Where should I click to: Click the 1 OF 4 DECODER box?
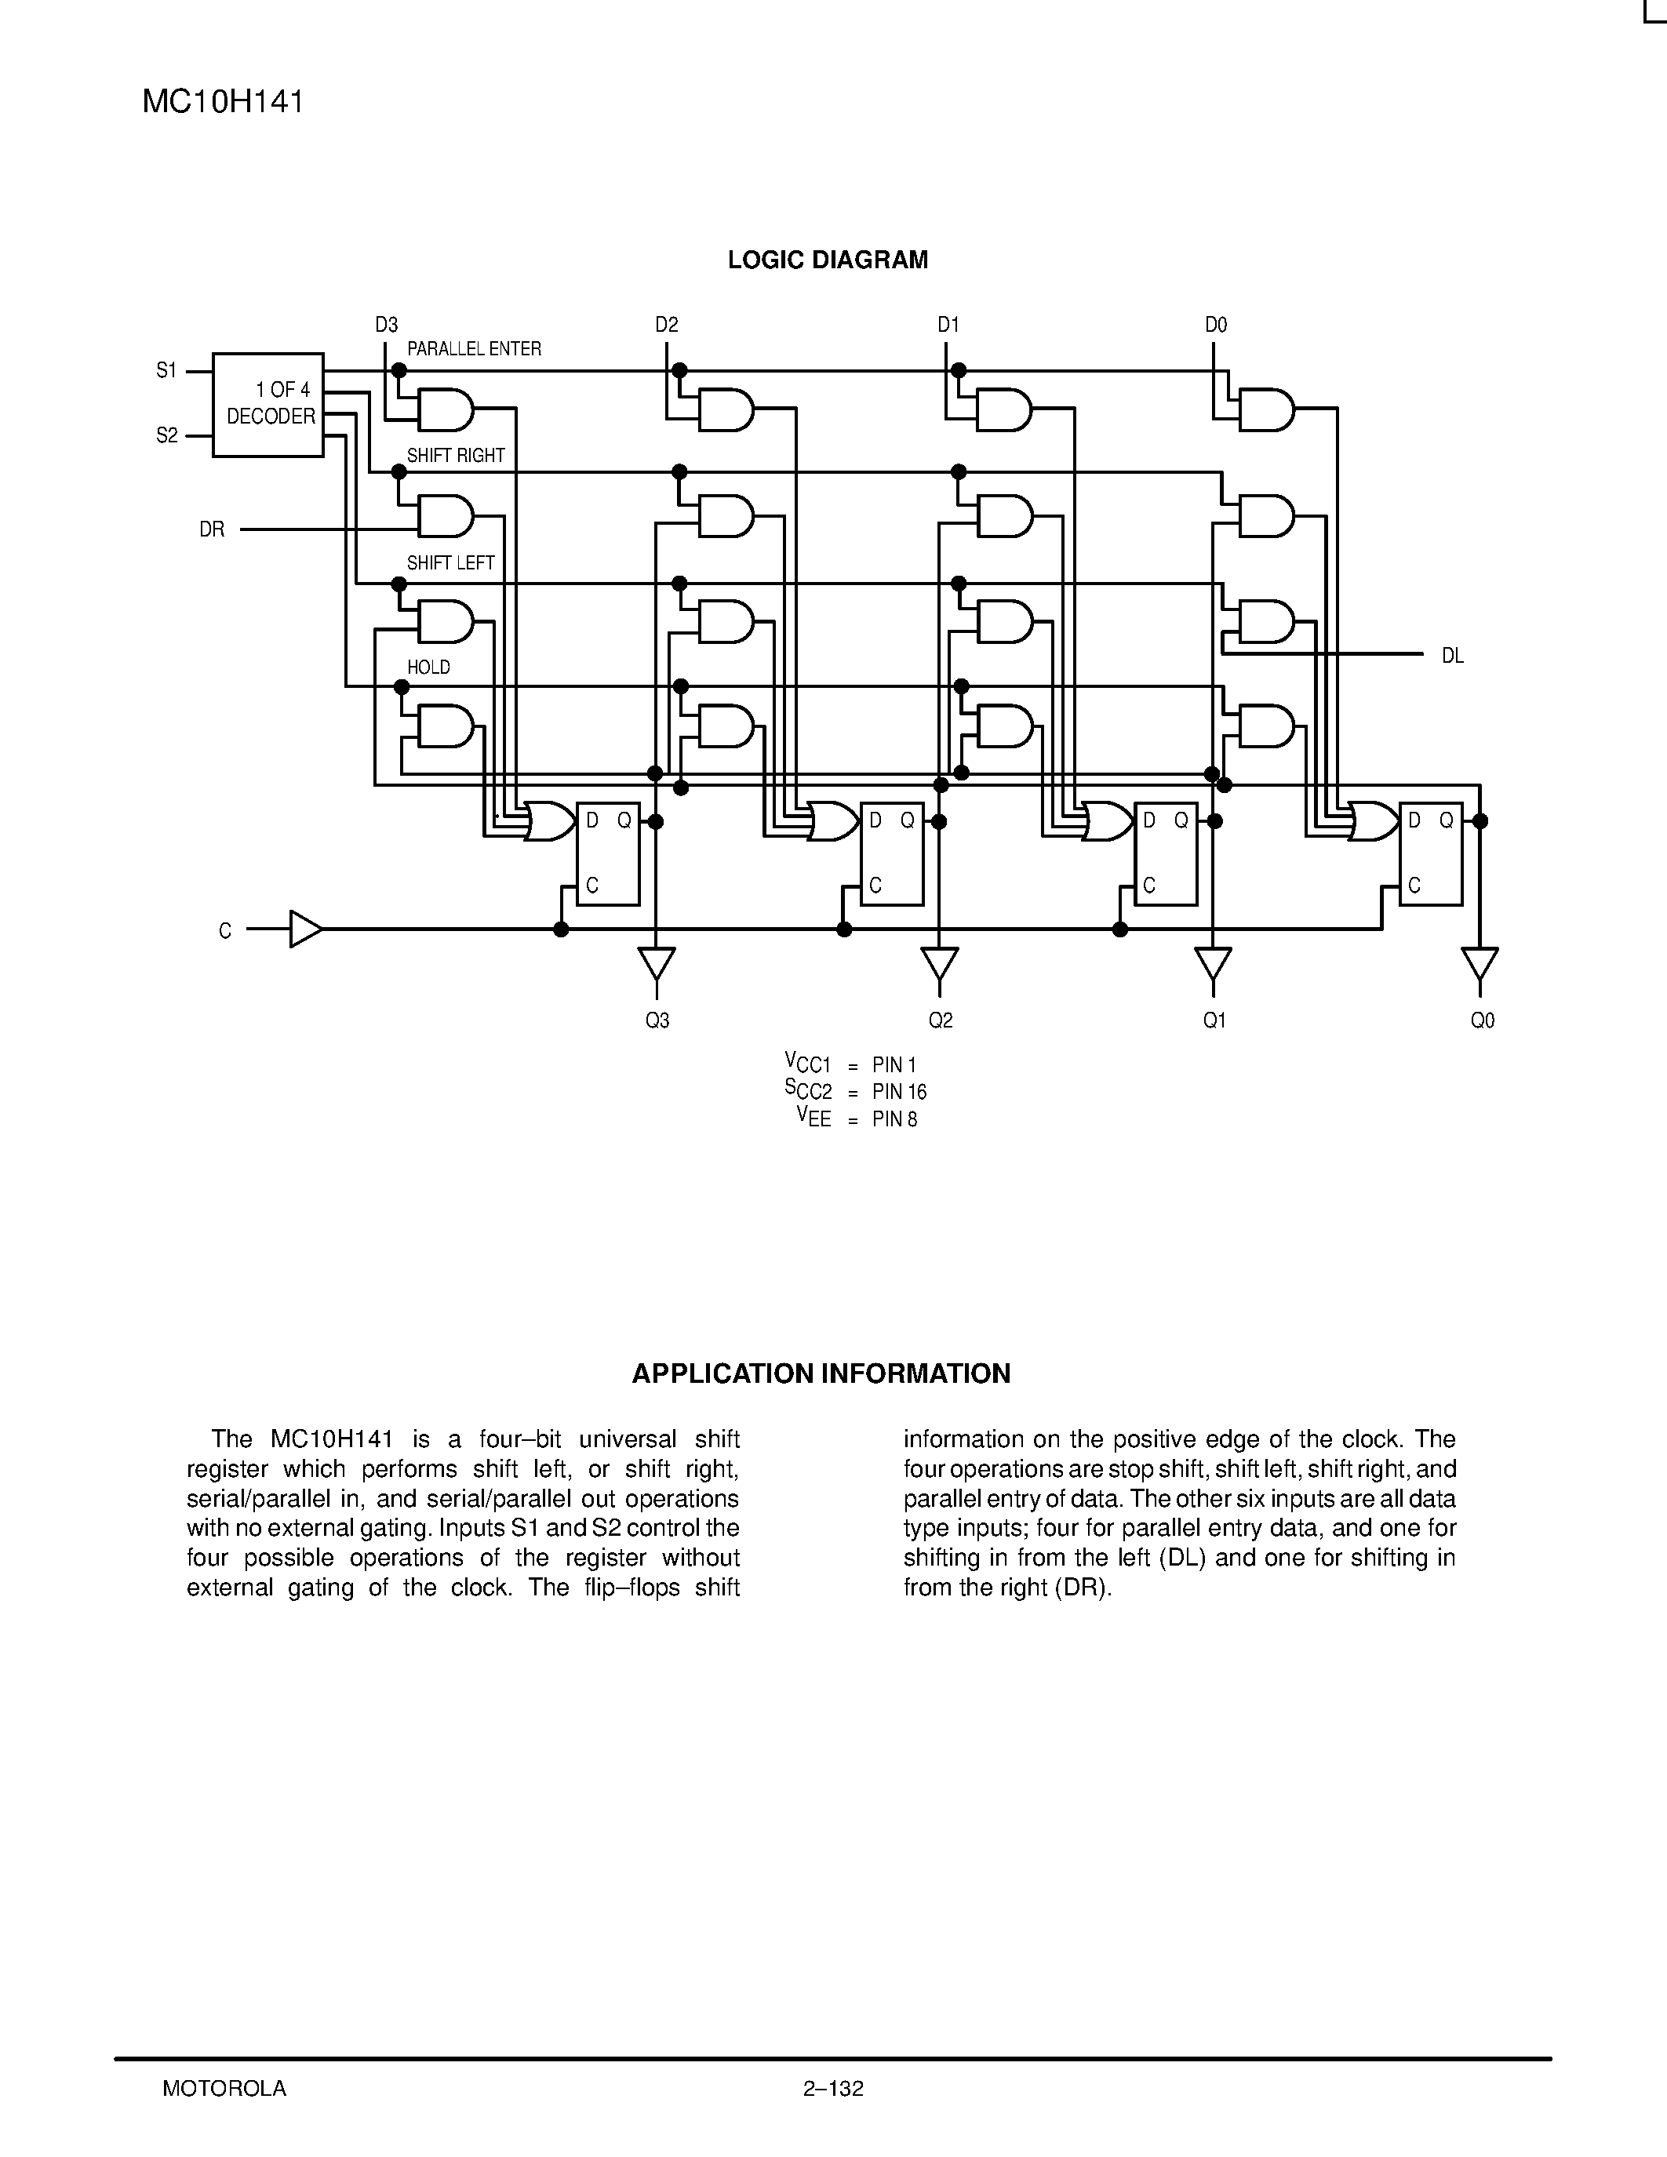coord(268,404)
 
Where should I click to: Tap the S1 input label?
coord(166,370)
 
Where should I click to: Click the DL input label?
coord(1452,656)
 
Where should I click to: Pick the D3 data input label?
coord(386,325)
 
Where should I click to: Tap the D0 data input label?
coord(1216,325)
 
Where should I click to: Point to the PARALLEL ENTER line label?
coord(474,348)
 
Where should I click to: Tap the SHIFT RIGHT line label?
coord(455,455)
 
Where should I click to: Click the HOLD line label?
coord(428,667)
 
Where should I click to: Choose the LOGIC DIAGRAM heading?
coord(828,260)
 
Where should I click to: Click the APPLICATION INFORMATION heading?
coord(821,1373)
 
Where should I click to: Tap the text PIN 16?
coord(899,1091)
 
